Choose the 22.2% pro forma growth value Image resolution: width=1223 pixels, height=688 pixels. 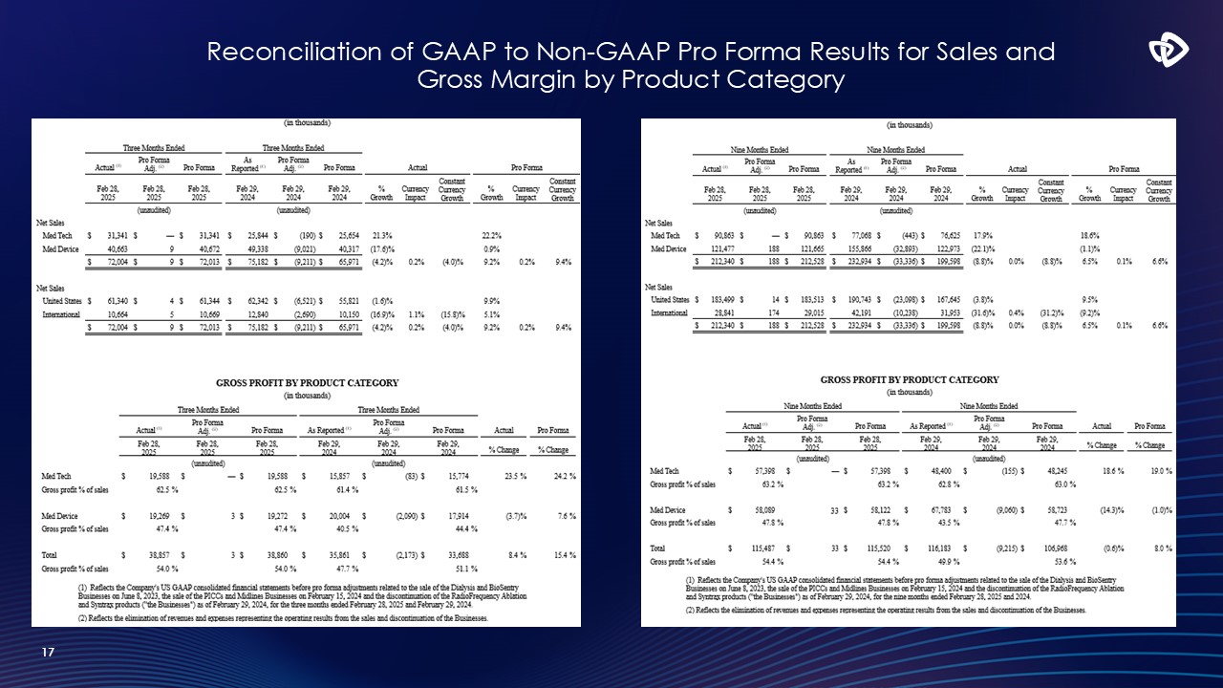[493, 236]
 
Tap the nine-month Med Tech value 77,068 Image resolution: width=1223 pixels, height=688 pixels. [853, 235]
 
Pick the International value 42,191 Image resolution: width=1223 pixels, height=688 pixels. [853, 312]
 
